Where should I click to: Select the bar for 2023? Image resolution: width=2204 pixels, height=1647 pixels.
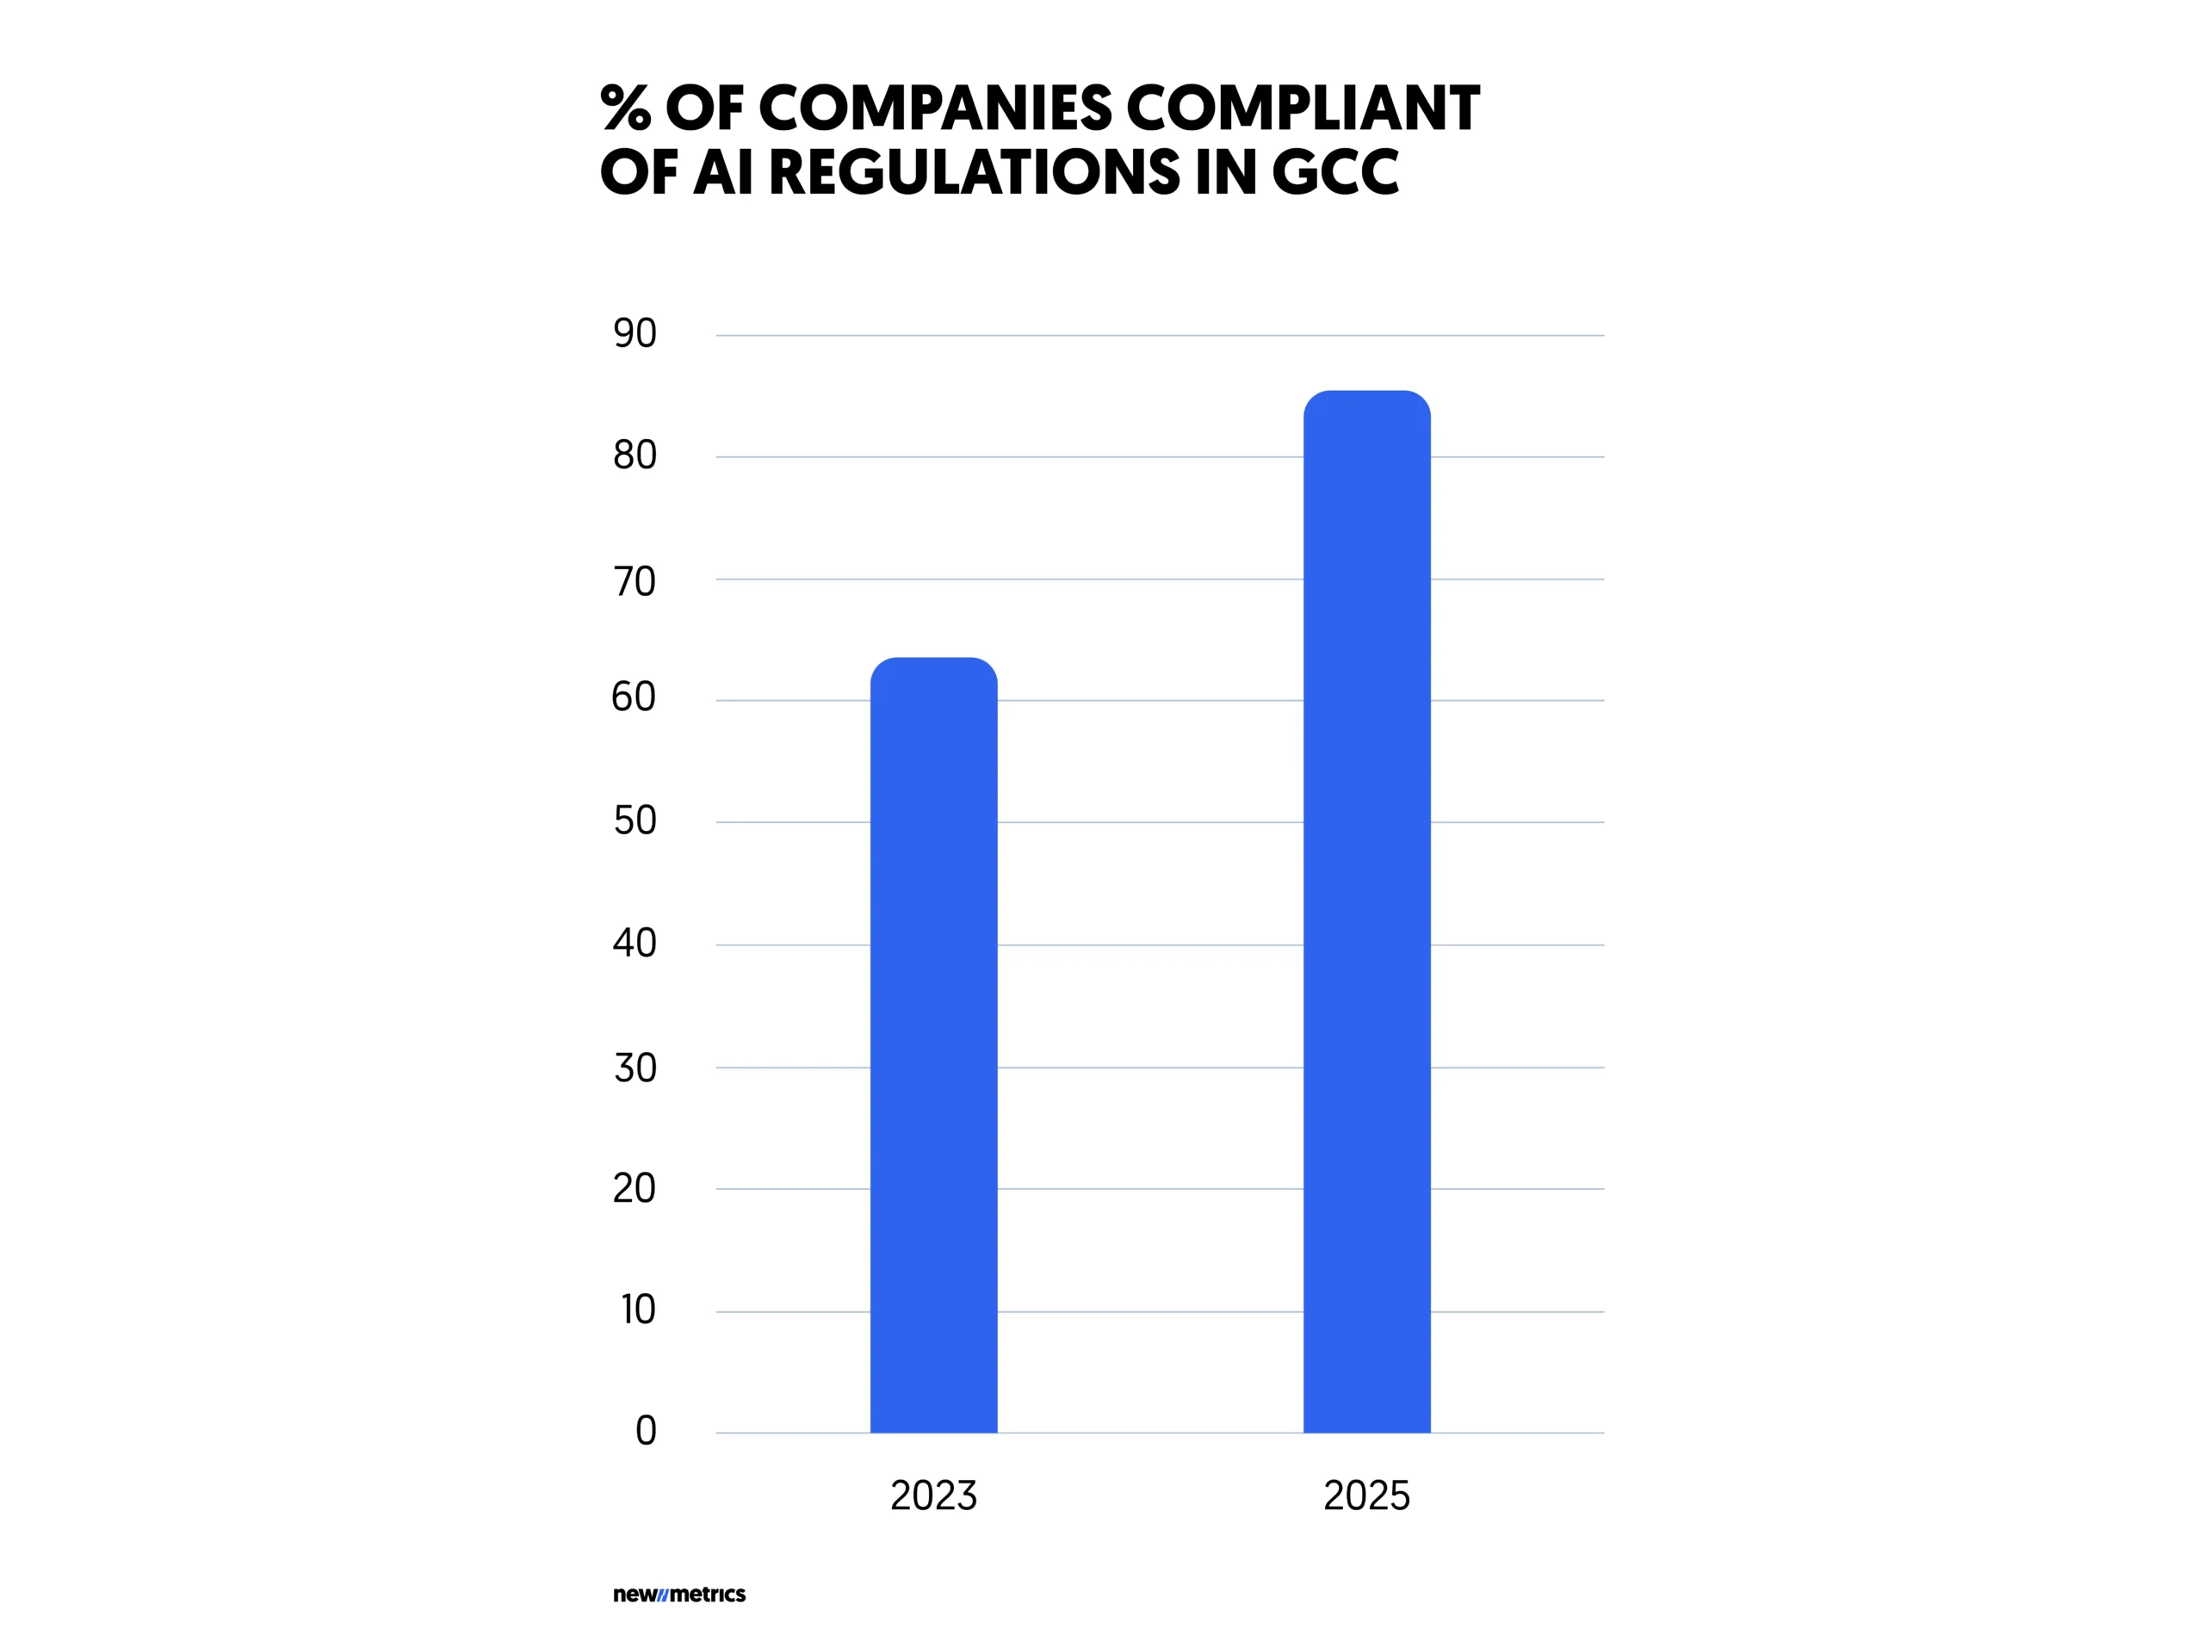(933, 1046)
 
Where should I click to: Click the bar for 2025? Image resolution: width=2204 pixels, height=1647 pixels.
(1366, 912)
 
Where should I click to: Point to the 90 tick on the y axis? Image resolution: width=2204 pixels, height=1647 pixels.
(635, 334)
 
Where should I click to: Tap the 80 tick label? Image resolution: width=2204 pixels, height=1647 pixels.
(635, 455)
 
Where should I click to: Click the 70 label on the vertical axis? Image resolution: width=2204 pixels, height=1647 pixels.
(635, 581)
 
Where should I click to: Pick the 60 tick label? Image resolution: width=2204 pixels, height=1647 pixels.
(634, 697)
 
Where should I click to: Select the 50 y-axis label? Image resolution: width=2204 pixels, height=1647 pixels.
(635, 821)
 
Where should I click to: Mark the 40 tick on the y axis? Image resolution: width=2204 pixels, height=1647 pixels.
(635, 943)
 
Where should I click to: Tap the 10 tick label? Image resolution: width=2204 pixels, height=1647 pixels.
(638, 1310)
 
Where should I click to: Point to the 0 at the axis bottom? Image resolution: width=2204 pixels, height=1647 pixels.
(646, 1431)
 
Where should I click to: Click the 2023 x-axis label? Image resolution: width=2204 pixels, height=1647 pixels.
(933, 1495)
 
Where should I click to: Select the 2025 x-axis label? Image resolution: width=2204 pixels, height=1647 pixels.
(1366, 1495)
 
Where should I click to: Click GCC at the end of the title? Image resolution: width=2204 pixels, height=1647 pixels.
(1335, 172)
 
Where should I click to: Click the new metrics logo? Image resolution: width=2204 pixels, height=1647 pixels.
(679, 1594)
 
